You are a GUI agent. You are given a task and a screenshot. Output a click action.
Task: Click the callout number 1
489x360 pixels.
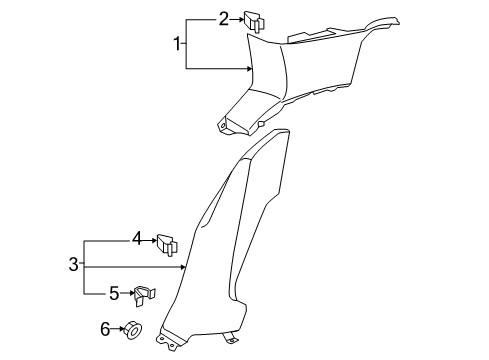coord(177,44)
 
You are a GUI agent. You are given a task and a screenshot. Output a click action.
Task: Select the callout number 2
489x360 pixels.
coord(224,19)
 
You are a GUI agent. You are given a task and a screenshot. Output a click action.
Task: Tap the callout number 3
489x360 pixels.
coord(73,264)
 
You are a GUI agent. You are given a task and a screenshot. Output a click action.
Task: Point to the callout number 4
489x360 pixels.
coord(137,239)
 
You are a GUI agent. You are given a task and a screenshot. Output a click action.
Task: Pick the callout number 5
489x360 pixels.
coord(114,293)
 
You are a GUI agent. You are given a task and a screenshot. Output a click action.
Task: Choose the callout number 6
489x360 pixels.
coord(105,329)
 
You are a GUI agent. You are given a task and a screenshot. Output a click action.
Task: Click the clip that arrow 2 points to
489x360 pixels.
coord(254,22)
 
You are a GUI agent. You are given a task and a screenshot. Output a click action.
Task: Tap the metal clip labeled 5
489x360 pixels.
coord(145,295)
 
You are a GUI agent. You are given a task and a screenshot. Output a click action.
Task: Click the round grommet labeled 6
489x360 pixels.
coord(133,330)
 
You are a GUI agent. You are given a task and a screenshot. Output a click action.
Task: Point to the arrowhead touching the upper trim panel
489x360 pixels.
coord(249,69)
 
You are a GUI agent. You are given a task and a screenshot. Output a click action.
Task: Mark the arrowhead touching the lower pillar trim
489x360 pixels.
coord(183,267)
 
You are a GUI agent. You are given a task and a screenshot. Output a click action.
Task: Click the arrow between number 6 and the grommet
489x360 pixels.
coord(117,329)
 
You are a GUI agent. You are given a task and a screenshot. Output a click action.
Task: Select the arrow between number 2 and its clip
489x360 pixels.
coord(237,19)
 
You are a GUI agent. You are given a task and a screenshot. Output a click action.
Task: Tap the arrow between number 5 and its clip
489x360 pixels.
coord(127,293)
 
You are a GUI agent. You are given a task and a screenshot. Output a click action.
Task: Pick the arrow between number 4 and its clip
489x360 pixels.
coord(150,240)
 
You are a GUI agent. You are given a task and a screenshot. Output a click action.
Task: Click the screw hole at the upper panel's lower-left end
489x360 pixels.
coord(222,126)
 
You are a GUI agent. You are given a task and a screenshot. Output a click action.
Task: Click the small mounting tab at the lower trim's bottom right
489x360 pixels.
coord(231,338)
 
